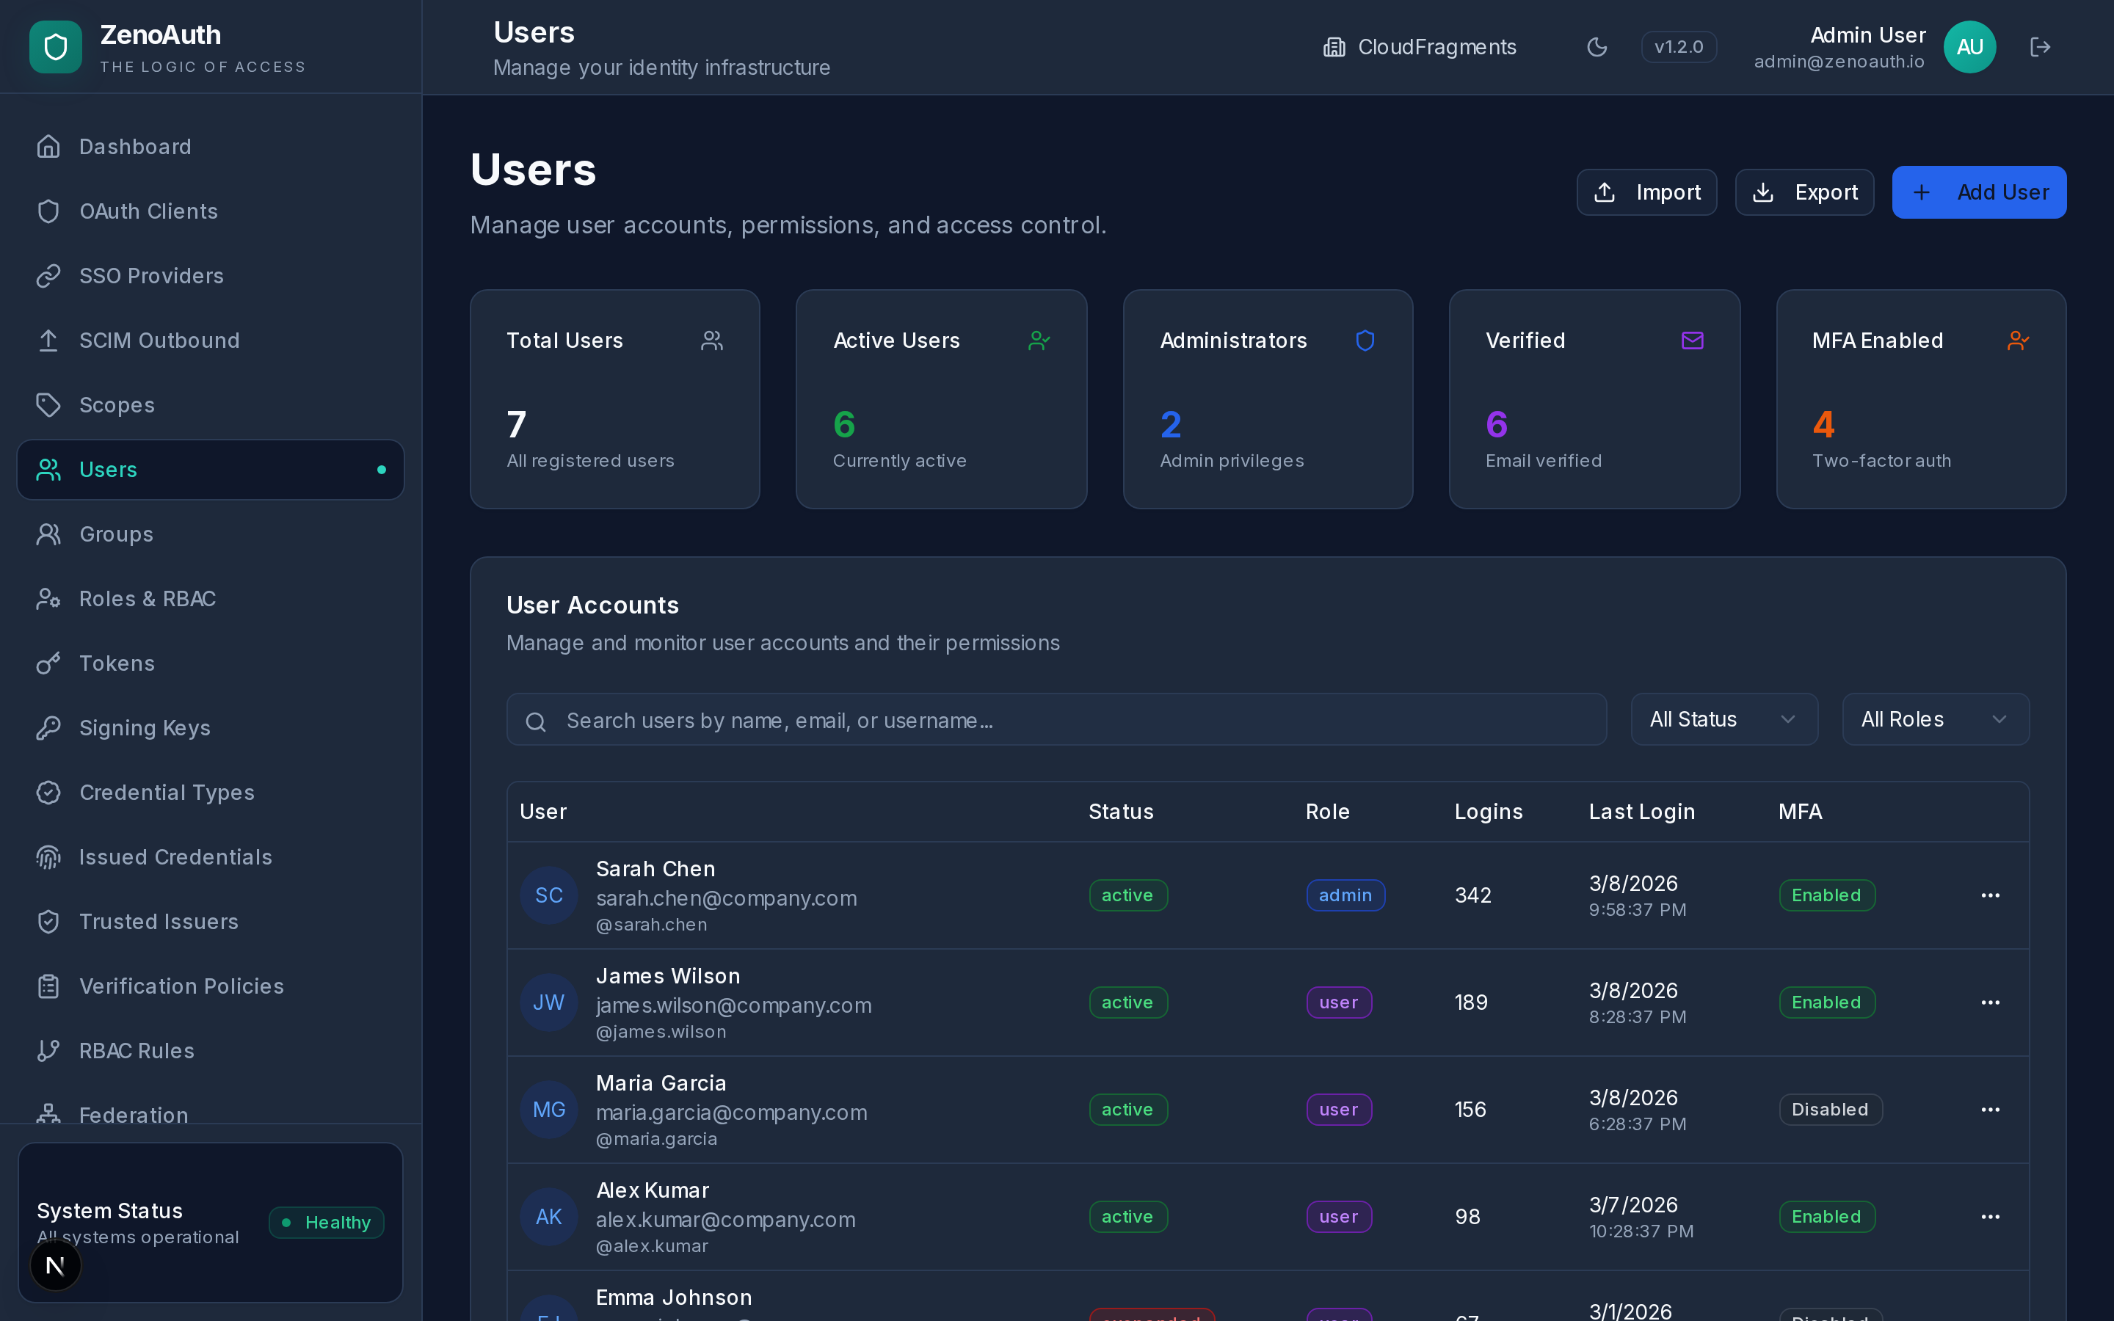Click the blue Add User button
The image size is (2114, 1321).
point(1979,192)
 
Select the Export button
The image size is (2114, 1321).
point(1804,192)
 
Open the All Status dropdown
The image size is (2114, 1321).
point(1723,720)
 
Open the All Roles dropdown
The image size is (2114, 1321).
point(1935,720)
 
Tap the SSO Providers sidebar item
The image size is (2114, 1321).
point(151,276)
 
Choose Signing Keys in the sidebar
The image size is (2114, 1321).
point(144,728)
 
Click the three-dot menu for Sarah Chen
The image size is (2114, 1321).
point(1990,895)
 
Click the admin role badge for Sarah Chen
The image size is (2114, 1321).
point(1345,895)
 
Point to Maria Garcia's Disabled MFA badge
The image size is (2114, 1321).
point(1829,1110)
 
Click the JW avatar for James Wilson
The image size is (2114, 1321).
point(548,1002)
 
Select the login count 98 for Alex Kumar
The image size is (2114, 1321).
point(1467,1217)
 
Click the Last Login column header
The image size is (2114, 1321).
point(1641,812)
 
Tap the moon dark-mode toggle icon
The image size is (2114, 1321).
point(1597,47)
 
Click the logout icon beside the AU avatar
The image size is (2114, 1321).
point(2040,47)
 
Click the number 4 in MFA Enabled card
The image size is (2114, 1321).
point(1823,425)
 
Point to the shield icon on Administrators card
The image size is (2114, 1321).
point(1365,341)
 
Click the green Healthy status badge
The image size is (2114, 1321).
point(327,1222)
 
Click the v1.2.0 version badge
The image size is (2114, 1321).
point(1678,47)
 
